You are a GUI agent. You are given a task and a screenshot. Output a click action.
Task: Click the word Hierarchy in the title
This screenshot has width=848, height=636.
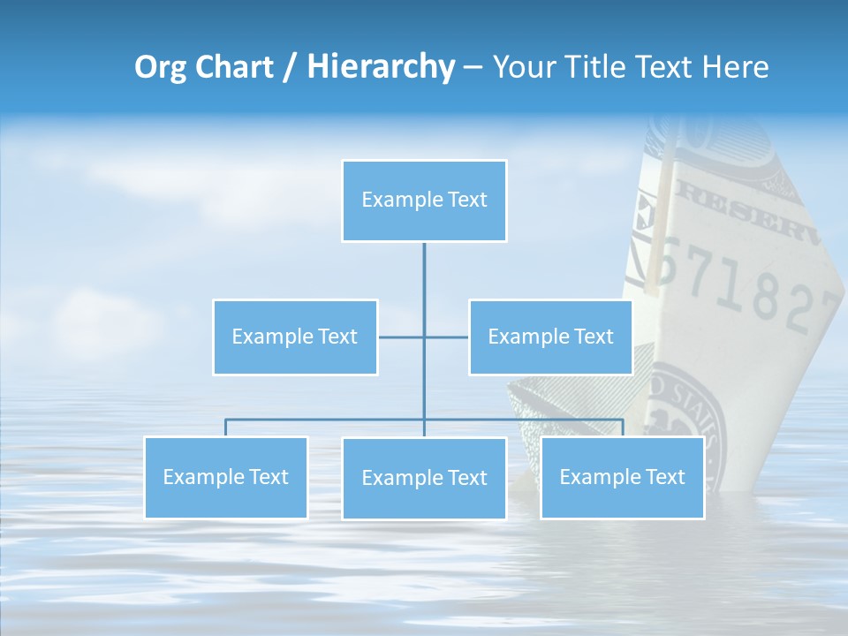click(381, 67)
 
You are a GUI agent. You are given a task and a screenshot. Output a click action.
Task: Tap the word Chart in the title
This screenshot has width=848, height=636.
click(235, 67)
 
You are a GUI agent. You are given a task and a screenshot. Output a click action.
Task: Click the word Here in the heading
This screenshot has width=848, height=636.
click(735, 67)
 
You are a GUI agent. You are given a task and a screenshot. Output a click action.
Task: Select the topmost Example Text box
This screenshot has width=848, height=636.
click(424, 201)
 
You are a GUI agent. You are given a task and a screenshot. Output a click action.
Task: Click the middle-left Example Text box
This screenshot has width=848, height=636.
click(295, 337)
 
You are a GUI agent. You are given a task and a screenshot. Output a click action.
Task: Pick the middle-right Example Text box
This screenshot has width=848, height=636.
click(550, 337)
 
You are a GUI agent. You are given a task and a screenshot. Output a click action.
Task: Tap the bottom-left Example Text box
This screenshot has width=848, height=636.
click(226, 477)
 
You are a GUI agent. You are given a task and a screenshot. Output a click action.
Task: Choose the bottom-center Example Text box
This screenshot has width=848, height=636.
click(424, 478)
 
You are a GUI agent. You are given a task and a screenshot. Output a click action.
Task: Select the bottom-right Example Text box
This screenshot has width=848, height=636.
click(622, 477)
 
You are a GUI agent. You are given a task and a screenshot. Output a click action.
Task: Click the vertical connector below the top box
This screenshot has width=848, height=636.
click(424, 283)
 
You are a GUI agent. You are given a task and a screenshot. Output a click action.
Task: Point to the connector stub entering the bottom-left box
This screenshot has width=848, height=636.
click(226, 428)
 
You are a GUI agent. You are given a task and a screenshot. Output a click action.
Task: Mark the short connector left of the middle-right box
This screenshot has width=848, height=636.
click(447, 337)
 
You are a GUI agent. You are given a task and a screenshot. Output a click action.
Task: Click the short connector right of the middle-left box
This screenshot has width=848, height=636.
click(400, 337)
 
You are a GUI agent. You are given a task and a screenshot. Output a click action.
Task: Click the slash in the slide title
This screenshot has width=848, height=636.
click(291, 68)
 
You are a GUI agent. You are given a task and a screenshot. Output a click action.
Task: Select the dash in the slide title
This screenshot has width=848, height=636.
click(473, 68)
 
